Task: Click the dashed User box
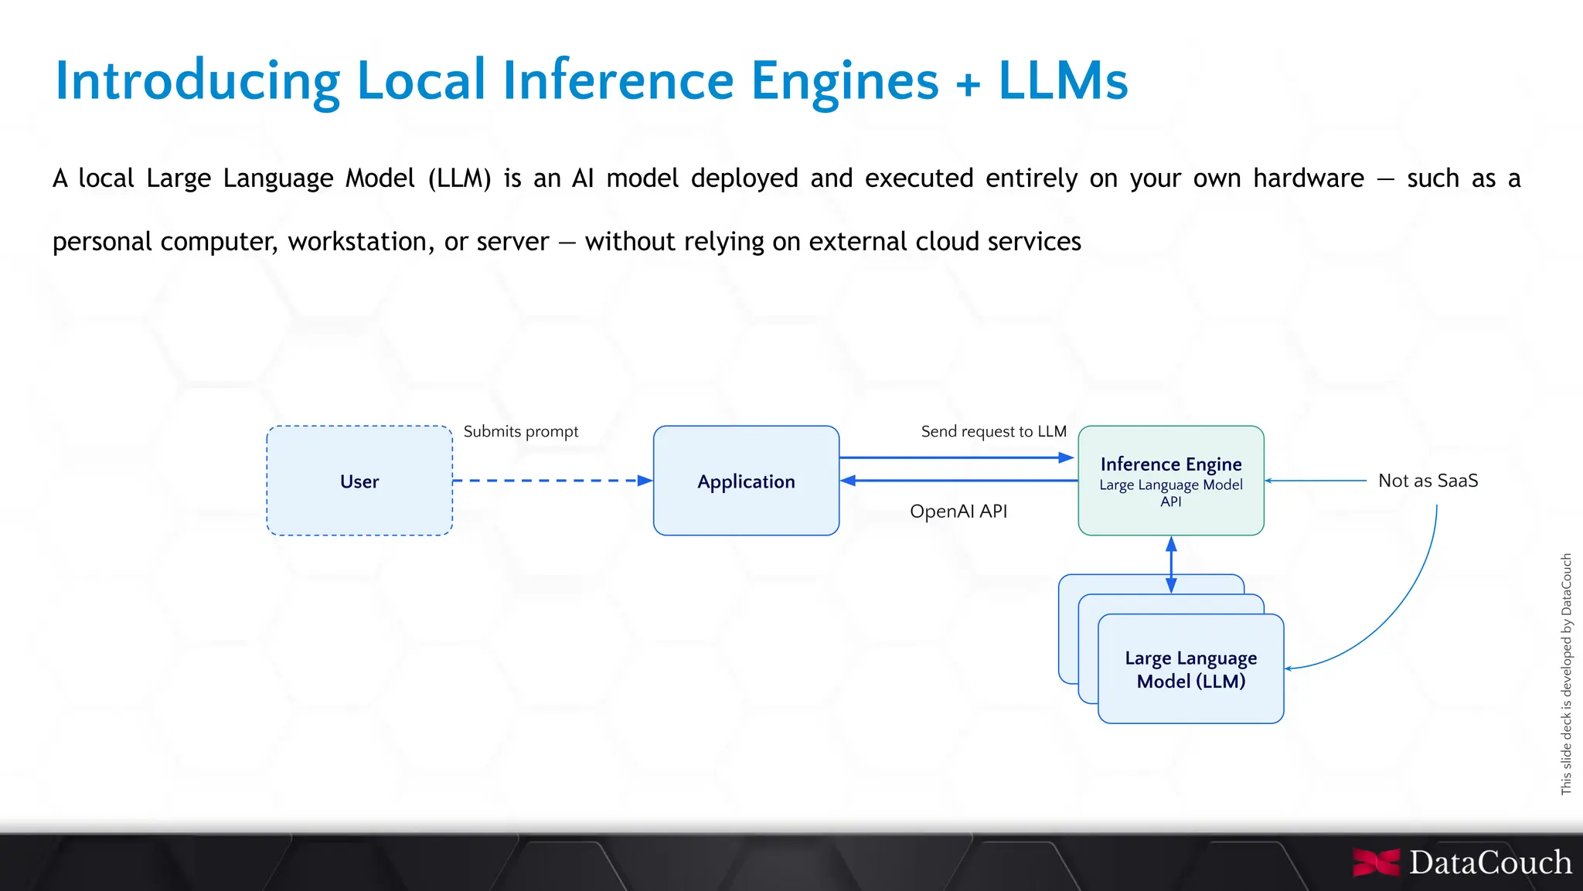coord(359,481)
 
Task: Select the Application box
coord(746,481)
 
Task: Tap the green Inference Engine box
coord(1171,481)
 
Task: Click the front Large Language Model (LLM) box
coord(1190,669)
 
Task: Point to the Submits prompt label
coord(520,431)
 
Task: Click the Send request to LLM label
coord(993,431)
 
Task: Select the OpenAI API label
coord(958,511)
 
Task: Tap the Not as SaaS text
coord(1428,481)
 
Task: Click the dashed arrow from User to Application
coord(553,481)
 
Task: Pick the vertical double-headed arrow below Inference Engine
coord(1171,565)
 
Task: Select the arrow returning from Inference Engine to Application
coord(958,481)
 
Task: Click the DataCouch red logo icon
coord(1376,862)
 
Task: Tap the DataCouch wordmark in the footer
coord(1489,862)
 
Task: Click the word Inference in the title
coord(618,80)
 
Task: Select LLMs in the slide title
coord(1063,80)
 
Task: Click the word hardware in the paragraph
coord(1308,179)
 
